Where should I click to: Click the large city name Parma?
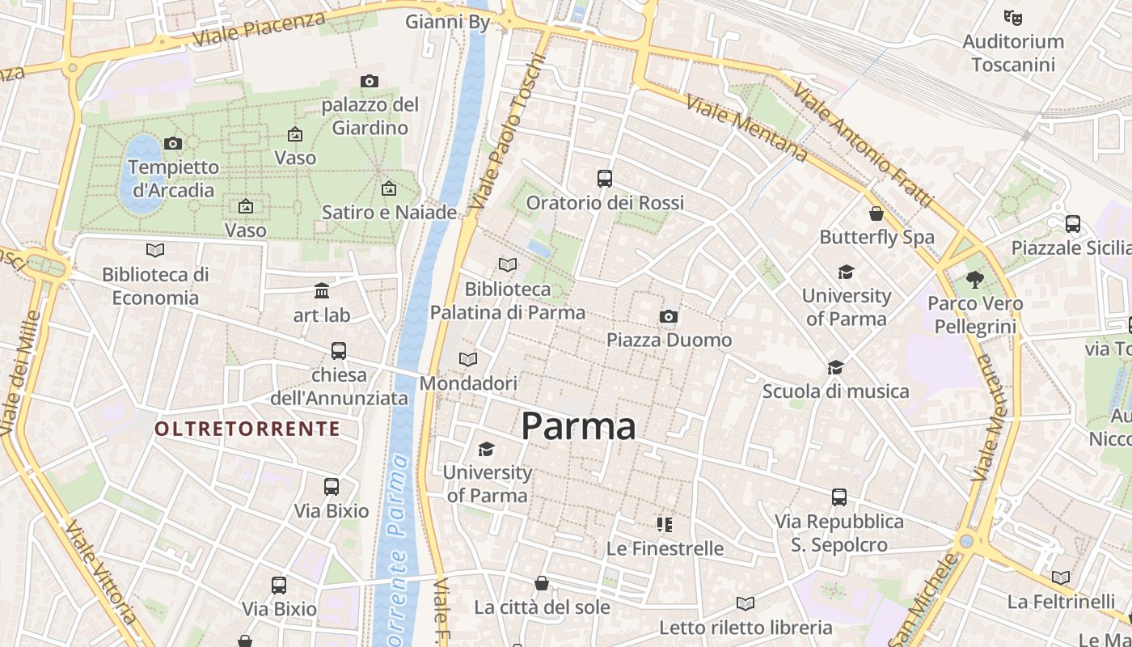[x=578, y=426]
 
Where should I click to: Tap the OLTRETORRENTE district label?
[x=247, y=429]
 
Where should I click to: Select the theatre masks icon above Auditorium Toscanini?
[x=1012, y=16]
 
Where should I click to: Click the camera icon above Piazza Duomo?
[x=668, y=316]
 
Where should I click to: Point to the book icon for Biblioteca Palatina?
[x=508, y=264]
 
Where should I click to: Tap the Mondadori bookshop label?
[x=468, y=383]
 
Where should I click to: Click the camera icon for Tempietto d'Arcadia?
[x=173, y=143]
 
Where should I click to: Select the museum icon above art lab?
[x=322, y=290]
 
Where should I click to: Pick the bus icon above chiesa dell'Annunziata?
[x=339, y=351]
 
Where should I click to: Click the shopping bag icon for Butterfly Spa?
[x=876, y=214]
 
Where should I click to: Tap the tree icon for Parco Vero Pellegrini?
[x=975, y=280]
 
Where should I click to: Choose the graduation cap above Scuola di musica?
[x=835, y=367]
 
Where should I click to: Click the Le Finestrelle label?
[x=665, y=548]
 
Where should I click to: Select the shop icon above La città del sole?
[x=542, y=583]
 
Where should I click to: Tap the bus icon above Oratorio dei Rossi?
[x=605, y=179]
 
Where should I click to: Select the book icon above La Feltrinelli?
[x=1061, y=577]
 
